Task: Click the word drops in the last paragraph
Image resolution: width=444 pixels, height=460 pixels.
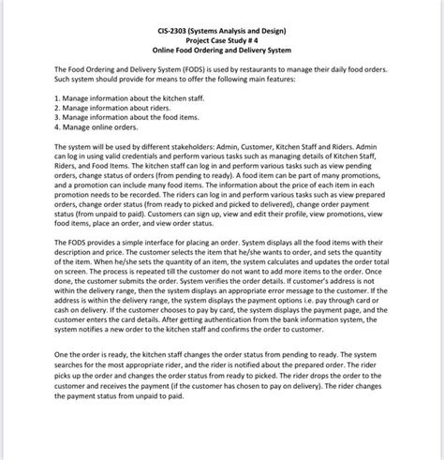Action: [327, 377]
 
